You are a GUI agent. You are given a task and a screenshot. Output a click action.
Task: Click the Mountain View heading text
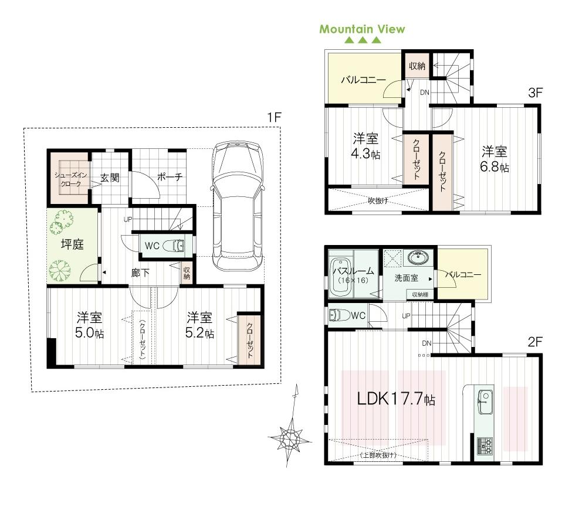pos(362,29)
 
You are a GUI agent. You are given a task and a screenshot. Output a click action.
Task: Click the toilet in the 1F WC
pos(174,246)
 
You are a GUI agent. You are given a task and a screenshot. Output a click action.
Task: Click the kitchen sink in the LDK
pos(485,400)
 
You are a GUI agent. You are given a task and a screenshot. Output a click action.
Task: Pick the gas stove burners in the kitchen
pos(485,447)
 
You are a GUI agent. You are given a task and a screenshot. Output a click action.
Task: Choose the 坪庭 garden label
pos(72,244)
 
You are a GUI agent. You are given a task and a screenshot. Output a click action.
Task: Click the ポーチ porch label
pos(170,176)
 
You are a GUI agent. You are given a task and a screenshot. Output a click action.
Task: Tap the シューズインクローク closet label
pos(67,179)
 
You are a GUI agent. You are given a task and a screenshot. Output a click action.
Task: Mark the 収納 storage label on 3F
pos(417,66)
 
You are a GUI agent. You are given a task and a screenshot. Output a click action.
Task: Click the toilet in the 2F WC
pos(338,315)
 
